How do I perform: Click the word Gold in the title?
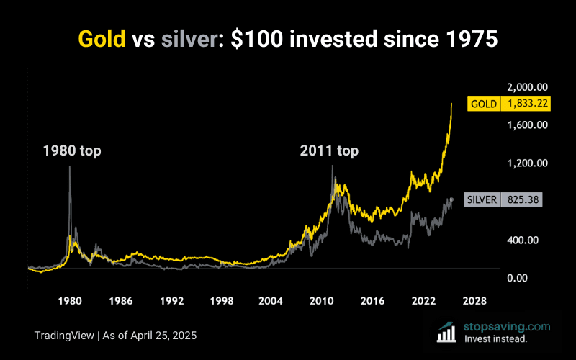tap(102, 39)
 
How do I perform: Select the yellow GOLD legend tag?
tap(484, 104)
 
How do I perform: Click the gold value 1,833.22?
tap(528, 104)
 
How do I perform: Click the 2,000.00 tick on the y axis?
tap(528, 87)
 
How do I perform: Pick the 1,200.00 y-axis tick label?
tap(528, 163)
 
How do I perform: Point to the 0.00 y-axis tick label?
tap(534, 278)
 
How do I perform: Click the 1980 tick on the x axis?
tap(69, 300)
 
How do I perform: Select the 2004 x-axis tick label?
tap(271, 300)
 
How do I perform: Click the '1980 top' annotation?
tap(72, 151)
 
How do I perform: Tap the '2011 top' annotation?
tap(329, 151)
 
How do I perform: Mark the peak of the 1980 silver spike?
tap(70, 167)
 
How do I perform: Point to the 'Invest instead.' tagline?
tap(497, 338)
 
